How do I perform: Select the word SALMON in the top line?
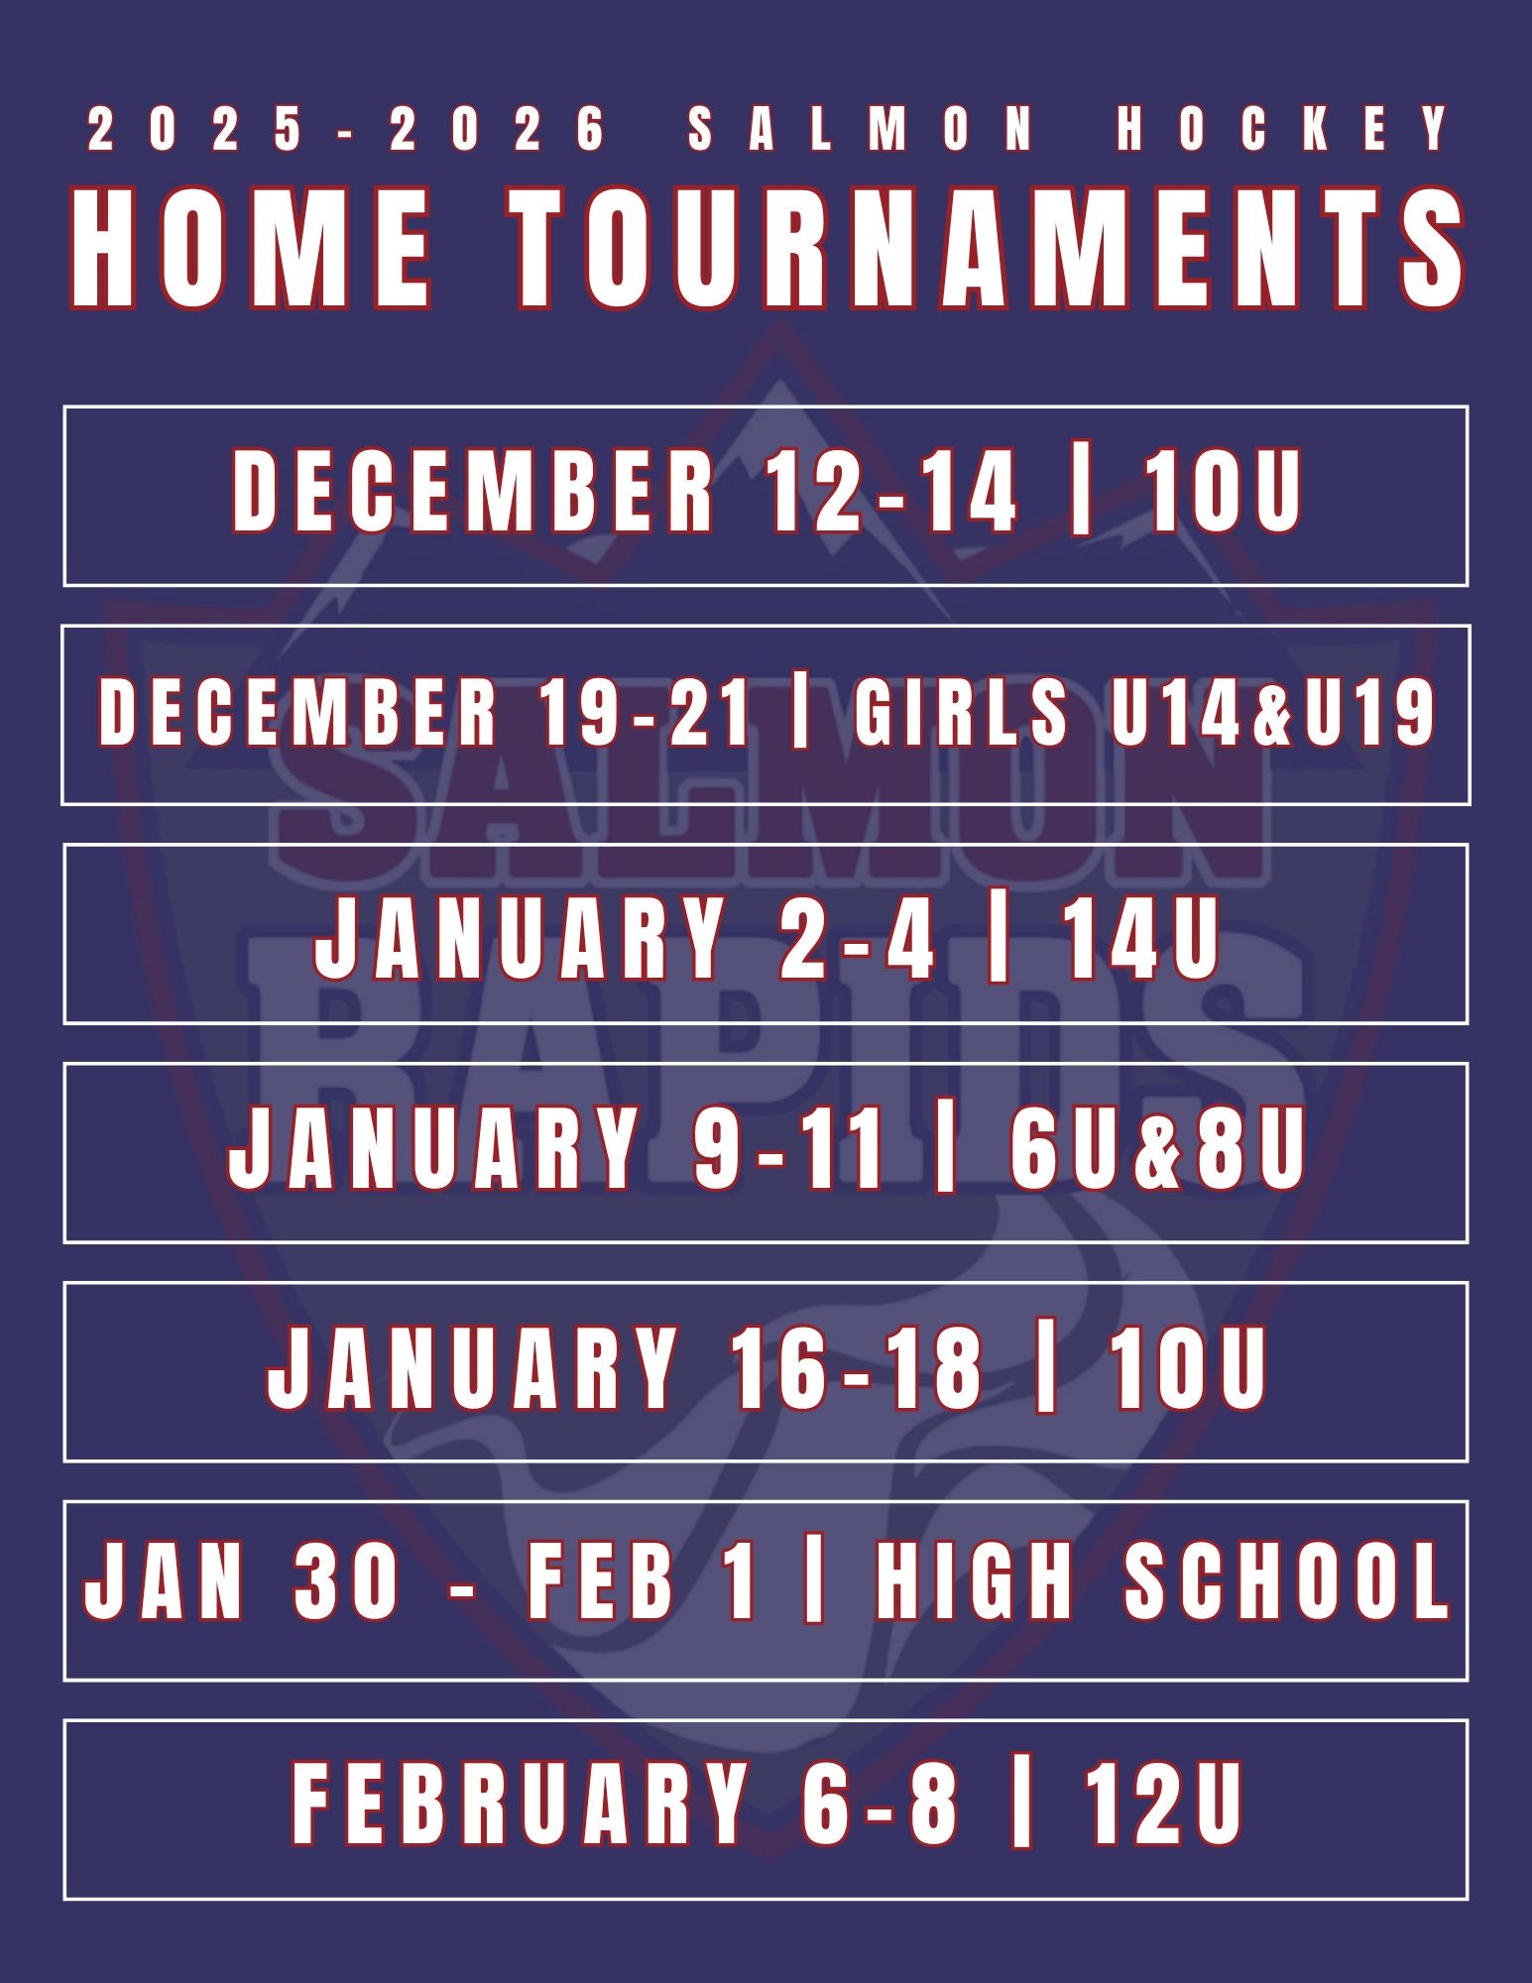point(862,130)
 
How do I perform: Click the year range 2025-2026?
point(346,130)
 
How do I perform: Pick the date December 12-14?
point(626,490)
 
